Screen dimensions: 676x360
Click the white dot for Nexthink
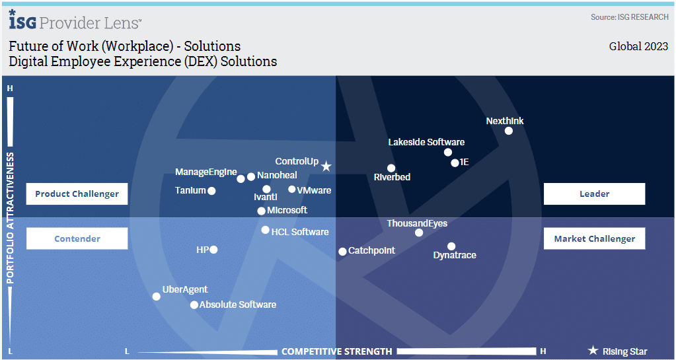(509, 131)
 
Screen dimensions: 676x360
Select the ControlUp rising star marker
(326, 166)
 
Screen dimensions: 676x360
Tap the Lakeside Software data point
(448, 152)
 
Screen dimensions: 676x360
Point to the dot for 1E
(455, 163)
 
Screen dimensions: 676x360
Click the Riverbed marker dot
(391, 168)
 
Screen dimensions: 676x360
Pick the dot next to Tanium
(211, 191)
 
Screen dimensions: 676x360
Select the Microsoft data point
(261, 211)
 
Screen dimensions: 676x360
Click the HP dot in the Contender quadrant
(213, 250)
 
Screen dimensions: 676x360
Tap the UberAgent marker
(157, 297)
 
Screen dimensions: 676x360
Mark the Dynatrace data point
(451, 246)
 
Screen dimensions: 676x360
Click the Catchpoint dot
(342, 252)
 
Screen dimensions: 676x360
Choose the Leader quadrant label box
(595, 194)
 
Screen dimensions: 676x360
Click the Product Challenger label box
(77, 194)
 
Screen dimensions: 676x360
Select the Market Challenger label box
(595, 238)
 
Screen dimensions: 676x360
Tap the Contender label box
(77, 238)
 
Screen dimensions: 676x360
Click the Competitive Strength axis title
(337, 351)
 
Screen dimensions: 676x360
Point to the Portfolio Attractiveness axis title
(10, 218)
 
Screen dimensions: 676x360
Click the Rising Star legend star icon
(593, 351)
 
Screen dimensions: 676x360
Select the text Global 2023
(638, 46)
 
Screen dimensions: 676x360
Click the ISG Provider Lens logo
(75, 20)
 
